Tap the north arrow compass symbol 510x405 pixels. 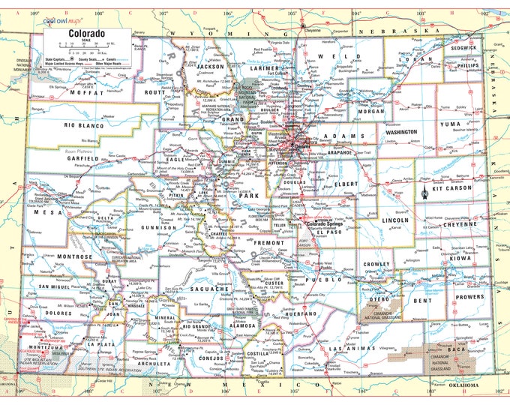click(424, 192)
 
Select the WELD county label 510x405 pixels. click(331, 56)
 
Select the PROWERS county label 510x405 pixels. click(470, 296)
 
